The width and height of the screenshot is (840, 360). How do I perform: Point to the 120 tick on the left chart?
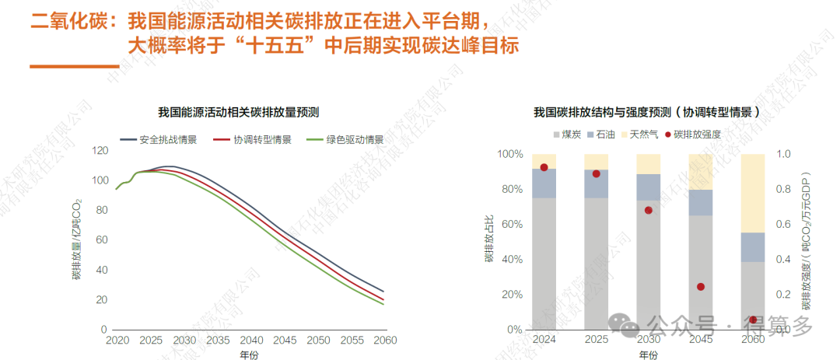99,150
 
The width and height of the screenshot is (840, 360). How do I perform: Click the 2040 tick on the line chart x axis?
251,341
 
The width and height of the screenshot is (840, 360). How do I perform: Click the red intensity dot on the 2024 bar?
544,167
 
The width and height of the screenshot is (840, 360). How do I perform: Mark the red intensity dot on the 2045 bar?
701,287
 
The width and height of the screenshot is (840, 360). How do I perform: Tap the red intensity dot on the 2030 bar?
649,210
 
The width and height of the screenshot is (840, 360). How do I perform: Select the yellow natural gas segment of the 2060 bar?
753,193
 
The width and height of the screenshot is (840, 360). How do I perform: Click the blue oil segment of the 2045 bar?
701,202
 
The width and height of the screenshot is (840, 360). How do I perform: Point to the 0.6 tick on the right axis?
784,225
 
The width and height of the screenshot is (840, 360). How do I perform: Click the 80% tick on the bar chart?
510,189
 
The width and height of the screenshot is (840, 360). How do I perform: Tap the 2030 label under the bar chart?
648,341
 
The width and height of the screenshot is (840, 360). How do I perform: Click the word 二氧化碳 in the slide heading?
63,20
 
